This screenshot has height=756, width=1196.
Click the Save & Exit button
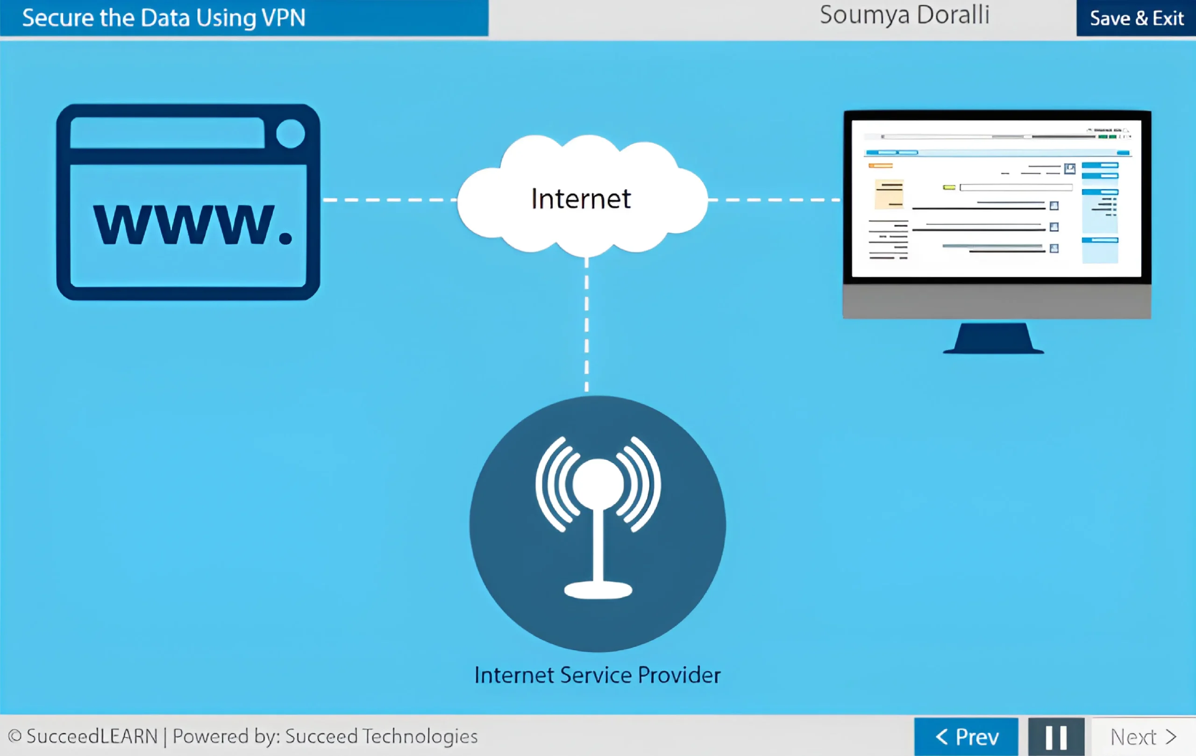click(x=1136, y=18)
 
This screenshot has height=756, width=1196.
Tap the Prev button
click(x=966, y=737)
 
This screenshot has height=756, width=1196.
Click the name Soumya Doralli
click(x=904, y=15)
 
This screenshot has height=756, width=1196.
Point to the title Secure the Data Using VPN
click(x=164, y=18)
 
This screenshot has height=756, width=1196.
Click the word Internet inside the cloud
click(x=581, y=199)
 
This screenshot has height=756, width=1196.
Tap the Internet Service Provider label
click(x=598, y=675)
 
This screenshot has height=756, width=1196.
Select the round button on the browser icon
click(x=290, y=134)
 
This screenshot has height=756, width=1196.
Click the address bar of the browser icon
click(x=167, y=133)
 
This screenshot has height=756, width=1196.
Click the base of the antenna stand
click(x=598, y=590)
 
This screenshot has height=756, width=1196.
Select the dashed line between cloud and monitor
click(x=775, y=200)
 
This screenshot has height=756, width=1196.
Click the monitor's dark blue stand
click(x=993, y=339)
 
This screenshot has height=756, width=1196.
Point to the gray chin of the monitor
click(x=997, y=301)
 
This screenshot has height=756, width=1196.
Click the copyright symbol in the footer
click(x=15, y=735)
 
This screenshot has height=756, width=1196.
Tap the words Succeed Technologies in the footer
click(x=381, y=736)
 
